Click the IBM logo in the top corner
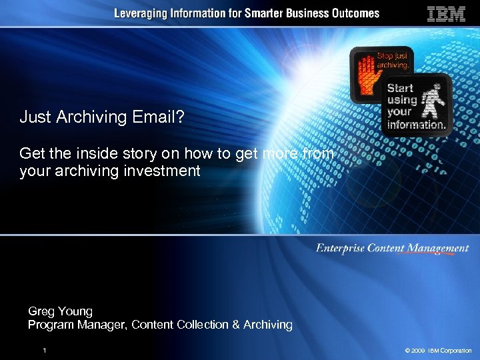point(446,14)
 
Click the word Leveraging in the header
point(141,13)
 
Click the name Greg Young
point(60,311)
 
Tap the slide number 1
point(44,350)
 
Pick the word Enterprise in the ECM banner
point(341,249)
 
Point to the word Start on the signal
point(400,88)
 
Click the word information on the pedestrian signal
point(416,125)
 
